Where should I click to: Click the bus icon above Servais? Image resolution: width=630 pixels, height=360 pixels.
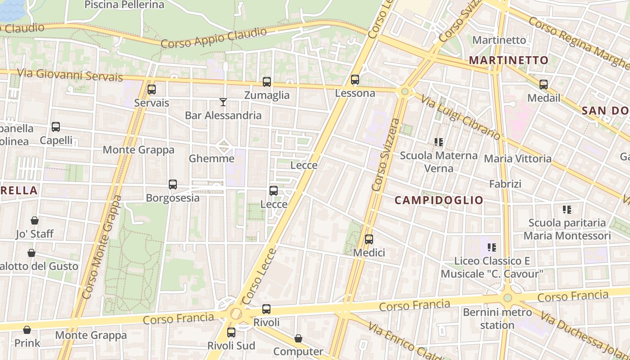152,90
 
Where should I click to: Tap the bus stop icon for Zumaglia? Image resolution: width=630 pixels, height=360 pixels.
267,82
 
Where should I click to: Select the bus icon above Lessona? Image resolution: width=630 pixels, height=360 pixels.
355,80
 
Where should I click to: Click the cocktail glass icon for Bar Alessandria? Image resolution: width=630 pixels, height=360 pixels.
223,102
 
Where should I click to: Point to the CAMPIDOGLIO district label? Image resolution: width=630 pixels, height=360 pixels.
439,200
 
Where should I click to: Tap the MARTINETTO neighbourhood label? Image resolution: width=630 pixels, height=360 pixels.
508,60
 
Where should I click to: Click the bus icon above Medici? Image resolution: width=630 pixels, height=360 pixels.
369,239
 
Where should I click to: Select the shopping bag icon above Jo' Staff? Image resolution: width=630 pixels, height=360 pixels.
35,220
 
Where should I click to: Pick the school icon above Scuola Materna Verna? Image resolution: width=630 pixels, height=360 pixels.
439,142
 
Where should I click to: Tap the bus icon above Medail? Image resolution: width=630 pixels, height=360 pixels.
544,85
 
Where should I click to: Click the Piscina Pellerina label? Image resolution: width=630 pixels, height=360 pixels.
125,5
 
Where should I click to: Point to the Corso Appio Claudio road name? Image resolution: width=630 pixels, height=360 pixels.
214,38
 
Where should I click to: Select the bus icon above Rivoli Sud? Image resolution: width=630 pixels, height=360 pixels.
231,333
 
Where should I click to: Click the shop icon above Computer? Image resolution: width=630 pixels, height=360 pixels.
298,338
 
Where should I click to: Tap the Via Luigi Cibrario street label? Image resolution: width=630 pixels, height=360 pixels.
460,117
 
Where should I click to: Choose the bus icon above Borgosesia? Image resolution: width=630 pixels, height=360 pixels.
173,184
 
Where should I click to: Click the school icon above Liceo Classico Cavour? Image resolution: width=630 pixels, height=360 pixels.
492,247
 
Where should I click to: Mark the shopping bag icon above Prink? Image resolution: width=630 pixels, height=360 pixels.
27,330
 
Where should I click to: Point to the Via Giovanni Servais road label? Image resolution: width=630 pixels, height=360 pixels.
70,75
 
